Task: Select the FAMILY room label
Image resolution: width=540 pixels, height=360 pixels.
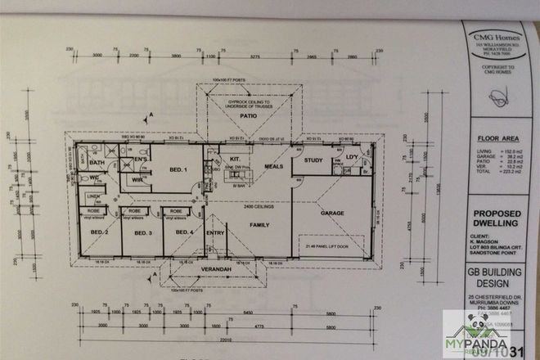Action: tap(260, 223)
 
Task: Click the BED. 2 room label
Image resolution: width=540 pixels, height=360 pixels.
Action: tap(100, 232)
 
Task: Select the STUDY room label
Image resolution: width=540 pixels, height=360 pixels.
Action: tap(313, 160)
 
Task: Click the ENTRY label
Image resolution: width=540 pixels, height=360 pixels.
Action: tap(216, 233)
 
